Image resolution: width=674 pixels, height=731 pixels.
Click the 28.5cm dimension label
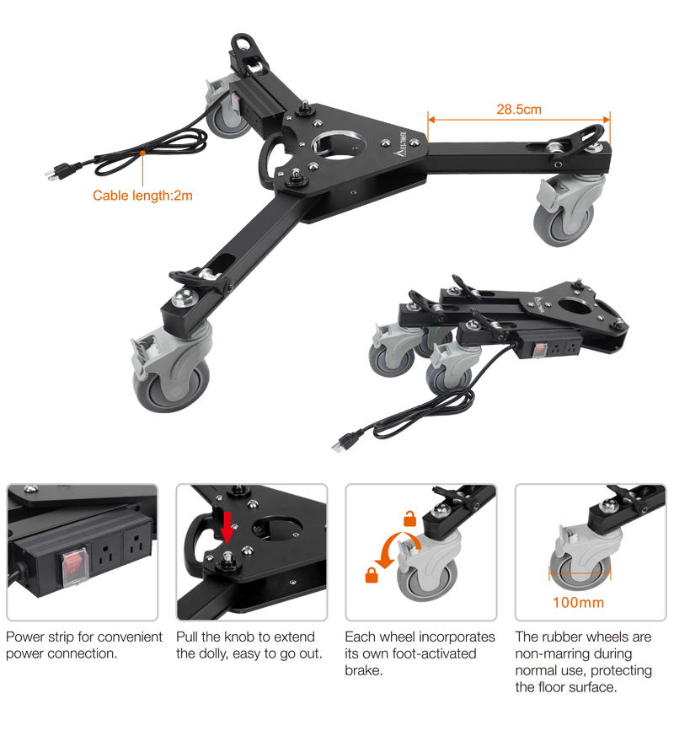519,110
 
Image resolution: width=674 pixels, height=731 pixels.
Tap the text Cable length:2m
142,196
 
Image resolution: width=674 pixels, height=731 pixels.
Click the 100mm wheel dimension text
579,602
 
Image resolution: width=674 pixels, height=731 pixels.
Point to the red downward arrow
227,528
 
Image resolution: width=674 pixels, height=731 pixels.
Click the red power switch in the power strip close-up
72,566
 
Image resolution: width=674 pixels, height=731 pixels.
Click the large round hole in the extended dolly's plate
338,145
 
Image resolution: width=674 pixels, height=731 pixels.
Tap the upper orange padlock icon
409,519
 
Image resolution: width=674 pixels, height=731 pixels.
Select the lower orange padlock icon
372,576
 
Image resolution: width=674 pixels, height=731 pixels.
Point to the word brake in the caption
363,671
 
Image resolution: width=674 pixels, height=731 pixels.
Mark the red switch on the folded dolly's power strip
540,349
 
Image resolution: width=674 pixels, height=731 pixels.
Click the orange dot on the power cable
142,153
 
